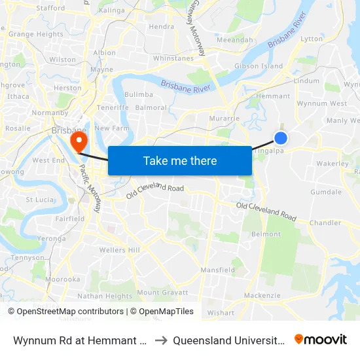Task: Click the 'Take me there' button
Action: (x=180, y=160)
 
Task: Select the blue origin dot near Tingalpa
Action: (x=281, y=137)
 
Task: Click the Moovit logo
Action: (x=321, y=339)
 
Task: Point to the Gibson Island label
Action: (x=259, y=66)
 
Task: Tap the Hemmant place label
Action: (x=274, y=96)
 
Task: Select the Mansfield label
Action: (x=218, y=270)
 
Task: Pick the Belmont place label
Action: (x=266, y=234)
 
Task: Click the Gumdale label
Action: (x=326, y=192)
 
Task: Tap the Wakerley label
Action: (x=333, y=164)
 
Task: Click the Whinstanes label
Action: (x=173, y=58)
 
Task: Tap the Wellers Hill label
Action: (x=120, y=250)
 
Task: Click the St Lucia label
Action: (x=39, y=199)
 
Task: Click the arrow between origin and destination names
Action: (x=160, y=340)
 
